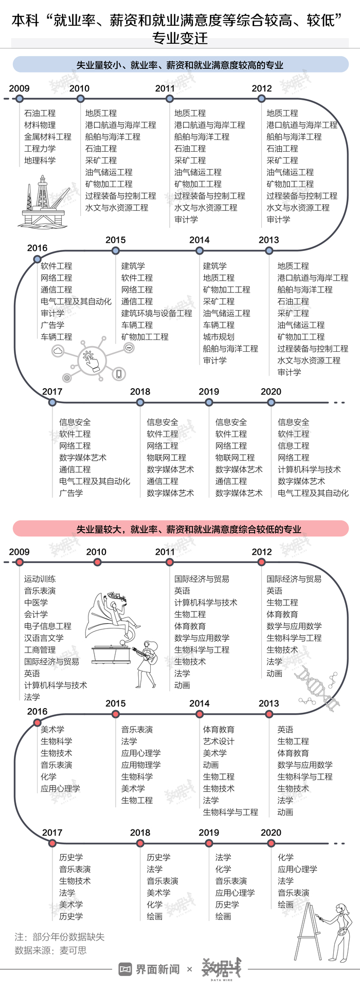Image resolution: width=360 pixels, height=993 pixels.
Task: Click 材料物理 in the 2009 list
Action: pyautogui.click(x=40, y=125)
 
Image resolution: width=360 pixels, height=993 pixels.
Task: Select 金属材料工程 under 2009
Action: pyautogui.click(x=48, y=137)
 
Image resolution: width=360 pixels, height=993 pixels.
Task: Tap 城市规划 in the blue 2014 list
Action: pyautogui.click(x=219, y=337)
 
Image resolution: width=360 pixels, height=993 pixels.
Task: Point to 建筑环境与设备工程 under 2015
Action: pyautogui.click(x=157, y=313)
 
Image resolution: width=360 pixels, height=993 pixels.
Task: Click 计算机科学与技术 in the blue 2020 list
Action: pyautogui.click(x=309, y=470)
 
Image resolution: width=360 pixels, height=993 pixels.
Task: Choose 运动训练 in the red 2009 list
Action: pyautogui.click(x=40, y=579)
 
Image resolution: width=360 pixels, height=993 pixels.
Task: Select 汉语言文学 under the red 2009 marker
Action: pyautogui.click(x=44, y=638)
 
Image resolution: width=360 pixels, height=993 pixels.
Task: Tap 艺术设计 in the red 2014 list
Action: pyautogui.click(x=219, y=741)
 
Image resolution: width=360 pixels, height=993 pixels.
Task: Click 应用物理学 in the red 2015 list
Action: pyautogui.click(x=141, y=765)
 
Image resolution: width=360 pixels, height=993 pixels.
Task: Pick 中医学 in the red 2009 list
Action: pyautogui.click(x=36, y=603)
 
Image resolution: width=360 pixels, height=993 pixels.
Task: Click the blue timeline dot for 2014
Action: pyautogui.click(x=200, y=250)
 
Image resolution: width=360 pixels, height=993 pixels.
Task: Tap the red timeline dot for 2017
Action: pyautogui.click(x=52, y=843)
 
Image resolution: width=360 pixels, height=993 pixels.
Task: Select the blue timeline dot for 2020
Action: pyautogui.click(x=271, y=402)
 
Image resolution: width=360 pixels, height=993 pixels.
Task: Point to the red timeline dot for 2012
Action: pyautogui.click(x=262, y=563)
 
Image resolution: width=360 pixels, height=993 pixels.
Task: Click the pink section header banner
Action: pyautogui.click(x=181, y=529)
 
